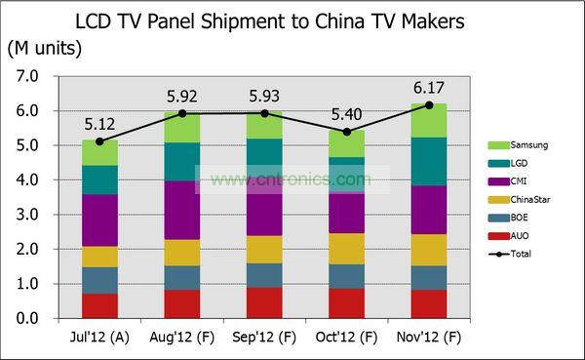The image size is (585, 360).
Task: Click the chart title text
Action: pos(270,21)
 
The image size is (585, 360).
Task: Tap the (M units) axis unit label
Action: pos(45,48)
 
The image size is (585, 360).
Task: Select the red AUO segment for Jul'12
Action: pos(99,305)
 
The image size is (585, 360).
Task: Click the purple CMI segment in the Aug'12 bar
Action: pos(182,211)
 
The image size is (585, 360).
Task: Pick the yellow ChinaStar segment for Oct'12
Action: pos(346,249)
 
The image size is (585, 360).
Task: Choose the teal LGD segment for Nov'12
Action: pos(429,161)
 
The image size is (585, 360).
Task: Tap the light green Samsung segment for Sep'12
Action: pos(264,125)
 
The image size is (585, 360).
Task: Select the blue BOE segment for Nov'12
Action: pos(429,278)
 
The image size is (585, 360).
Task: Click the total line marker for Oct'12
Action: pos(346,132)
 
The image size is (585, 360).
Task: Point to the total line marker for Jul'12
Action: pos(99,141)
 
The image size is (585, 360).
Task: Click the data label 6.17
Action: pos(429,88)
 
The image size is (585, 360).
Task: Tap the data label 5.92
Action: pos(182,97)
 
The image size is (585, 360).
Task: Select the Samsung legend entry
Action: pos(518,145)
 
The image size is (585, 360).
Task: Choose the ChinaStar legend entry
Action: pos(519,199)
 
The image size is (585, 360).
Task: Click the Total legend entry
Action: pos(510,254)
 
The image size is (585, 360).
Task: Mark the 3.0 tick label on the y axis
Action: pos(27,215)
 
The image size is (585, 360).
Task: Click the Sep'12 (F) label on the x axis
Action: pos(264,338)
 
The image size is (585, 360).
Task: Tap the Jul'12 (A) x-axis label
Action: pos(99,338)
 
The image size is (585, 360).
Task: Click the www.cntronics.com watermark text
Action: pos(291,180)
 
